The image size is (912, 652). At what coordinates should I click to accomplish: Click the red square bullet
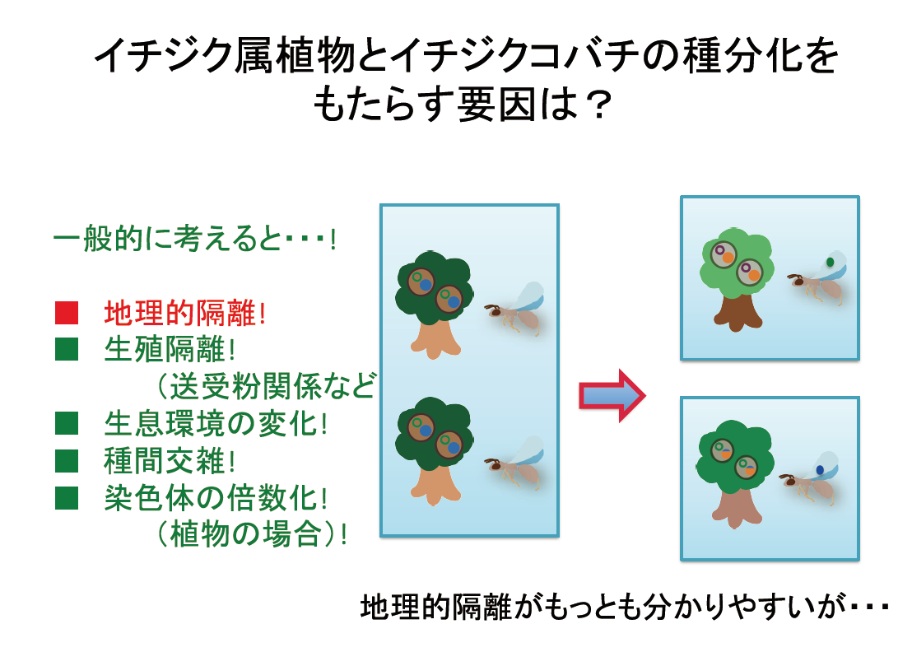point(67,312)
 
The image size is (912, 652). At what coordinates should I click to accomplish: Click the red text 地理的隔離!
point(185,313)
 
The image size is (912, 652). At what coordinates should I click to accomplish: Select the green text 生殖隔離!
point(170,349)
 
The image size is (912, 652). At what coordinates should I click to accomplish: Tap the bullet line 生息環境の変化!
point(216,423)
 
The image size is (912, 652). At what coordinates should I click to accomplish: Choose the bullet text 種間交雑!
point(170,460)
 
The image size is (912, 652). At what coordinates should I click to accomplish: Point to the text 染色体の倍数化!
point(216,497)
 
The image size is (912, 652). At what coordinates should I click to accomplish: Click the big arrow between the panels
point(612,395)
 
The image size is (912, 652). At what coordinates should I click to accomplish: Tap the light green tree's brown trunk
point(738,312)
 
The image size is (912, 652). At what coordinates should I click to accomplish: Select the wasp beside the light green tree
point(817,278)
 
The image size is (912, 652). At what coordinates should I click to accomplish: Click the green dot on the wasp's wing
point(830,263)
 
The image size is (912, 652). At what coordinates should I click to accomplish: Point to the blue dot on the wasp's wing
point(820,469)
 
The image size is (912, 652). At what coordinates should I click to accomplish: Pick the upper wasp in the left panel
point(515,309)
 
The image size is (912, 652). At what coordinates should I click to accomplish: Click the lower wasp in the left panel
point(515,463)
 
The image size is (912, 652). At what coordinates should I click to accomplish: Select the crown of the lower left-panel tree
point(433,431)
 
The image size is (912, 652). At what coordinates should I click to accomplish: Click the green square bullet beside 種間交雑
point(67,460)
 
